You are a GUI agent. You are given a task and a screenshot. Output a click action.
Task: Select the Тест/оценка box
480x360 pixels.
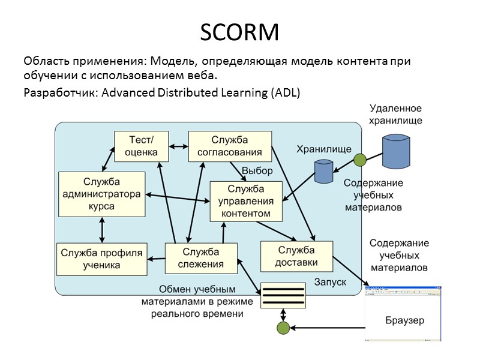click(141, 146)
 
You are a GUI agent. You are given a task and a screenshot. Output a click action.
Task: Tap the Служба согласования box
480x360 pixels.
click(230, 146)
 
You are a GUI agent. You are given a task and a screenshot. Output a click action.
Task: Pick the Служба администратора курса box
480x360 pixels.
click(101, 194)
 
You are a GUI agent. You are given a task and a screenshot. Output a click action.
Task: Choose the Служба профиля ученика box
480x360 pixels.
click(101, 259)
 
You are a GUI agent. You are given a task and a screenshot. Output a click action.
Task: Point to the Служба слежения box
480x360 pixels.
click(201, 258)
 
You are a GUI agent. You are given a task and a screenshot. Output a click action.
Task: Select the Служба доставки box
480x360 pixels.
click(296, 256)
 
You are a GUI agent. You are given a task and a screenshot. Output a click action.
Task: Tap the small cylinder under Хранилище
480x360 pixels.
click(324, 172)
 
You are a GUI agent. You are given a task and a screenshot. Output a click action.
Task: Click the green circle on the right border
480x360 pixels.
click(359, 160)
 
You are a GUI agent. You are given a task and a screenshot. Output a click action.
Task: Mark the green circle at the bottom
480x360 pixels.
click(283, 328)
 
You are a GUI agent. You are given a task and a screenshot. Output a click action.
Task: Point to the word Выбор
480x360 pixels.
click(257, 171)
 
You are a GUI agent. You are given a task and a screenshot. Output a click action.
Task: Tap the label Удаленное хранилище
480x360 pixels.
click(396, 114)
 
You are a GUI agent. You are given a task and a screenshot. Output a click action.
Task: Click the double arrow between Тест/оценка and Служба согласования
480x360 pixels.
click(178, 146)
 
